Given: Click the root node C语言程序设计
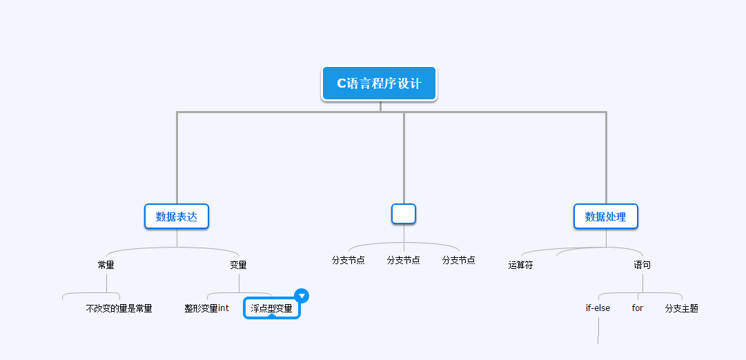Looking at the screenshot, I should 379,83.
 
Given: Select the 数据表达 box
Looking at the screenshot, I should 177,217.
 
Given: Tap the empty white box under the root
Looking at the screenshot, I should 404,214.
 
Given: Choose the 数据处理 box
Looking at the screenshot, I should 606,217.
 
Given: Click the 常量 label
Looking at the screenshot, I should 106,265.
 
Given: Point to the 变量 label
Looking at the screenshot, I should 239,265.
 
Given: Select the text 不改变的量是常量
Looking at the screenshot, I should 119,308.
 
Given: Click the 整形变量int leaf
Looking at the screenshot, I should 206,308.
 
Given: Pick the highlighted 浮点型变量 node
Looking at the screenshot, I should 272,308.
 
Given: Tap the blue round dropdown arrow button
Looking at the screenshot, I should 302,296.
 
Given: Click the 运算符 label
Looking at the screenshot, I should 521,265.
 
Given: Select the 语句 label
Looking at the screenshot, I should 642,265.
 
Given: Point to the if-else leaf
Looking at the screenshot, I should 598,308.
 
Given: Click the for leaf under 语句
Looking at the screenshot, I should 638,308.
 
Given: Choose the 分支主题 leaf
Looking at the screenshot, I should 682,308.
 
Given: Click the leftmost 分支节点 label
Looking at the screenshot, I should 349,260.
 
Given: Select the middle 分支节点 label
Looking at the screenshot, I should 404,260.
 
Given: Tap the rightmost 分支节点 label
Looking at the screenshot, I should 459,260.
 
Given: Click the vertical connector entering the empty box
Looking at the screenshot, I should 404,159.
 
